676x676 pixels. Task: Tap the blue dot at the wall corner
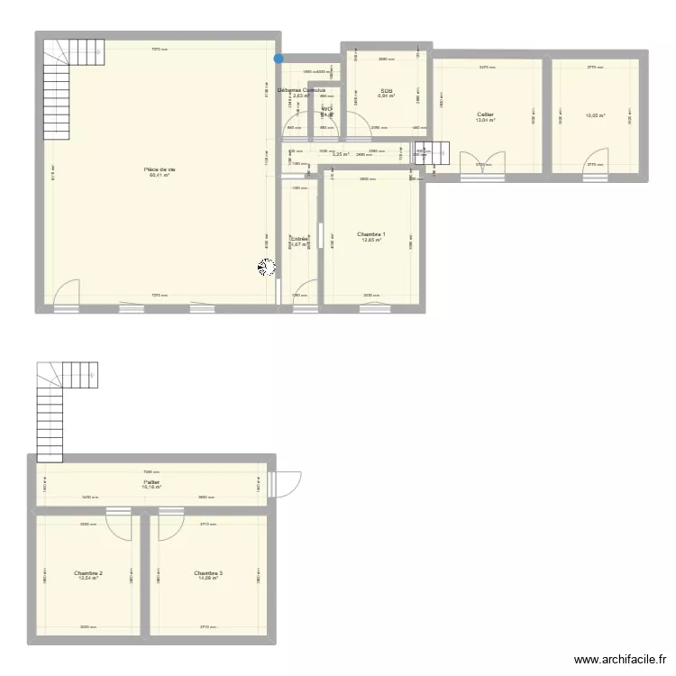point(279,59)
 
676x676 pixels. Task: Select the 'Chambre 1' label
point(371,234)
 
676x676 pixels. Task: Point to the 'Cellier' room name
point(486,114)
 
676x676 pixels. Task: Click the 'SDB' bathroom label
point(386,90)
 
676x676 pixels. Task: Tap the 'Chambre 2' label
point(88,572)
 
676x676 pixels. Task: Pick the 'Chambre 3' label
point(208,572)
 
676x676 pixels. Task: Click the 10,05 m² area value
point(595,115)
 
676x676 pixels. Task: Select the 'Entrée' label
point(299,239)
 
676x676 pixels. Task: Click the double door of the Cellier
point(481,164)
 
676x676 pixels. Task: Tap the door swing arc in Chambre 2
point(118,523)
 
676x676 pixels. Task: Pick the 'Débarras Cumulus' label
point(301,90)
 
